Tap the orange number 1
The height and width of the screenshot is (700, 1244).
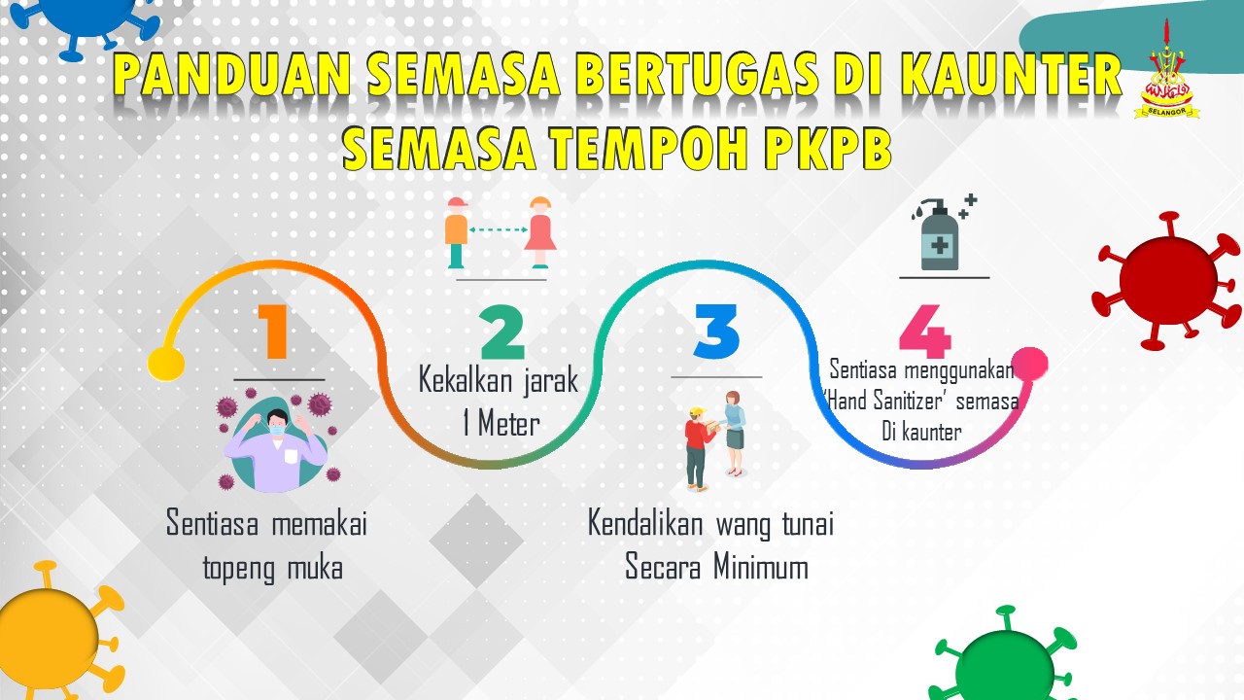click(x=273, y=332)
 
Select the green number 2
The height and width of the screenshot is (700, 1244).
click(x=502, y=332)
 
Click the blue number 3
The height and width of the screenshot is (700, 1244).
click(x=716, y=332)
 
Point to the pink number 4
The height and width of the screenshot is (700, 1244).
click(x=924, y=332)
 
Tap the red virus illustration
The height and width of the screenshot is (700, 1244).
click(x=1166, y=281)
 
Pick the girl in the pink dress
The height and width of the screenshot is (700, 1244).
click(x=539, y=232)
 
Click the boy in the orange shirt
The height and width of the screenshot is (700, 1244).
click(x=457, y=232)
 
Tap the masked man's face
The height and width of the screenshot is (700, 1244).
click(x=277, y=424)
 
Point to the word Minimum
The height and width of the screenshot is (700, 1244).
click(x=761, y=567)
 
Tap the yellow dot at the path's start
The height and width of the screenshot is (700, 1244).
click(x=165, y=364)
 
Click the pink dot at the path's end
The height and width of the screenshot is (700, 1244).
click(x=1029, y=365)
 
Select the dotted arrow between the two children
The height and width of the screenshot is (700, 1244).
click(x=499, y=229)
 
